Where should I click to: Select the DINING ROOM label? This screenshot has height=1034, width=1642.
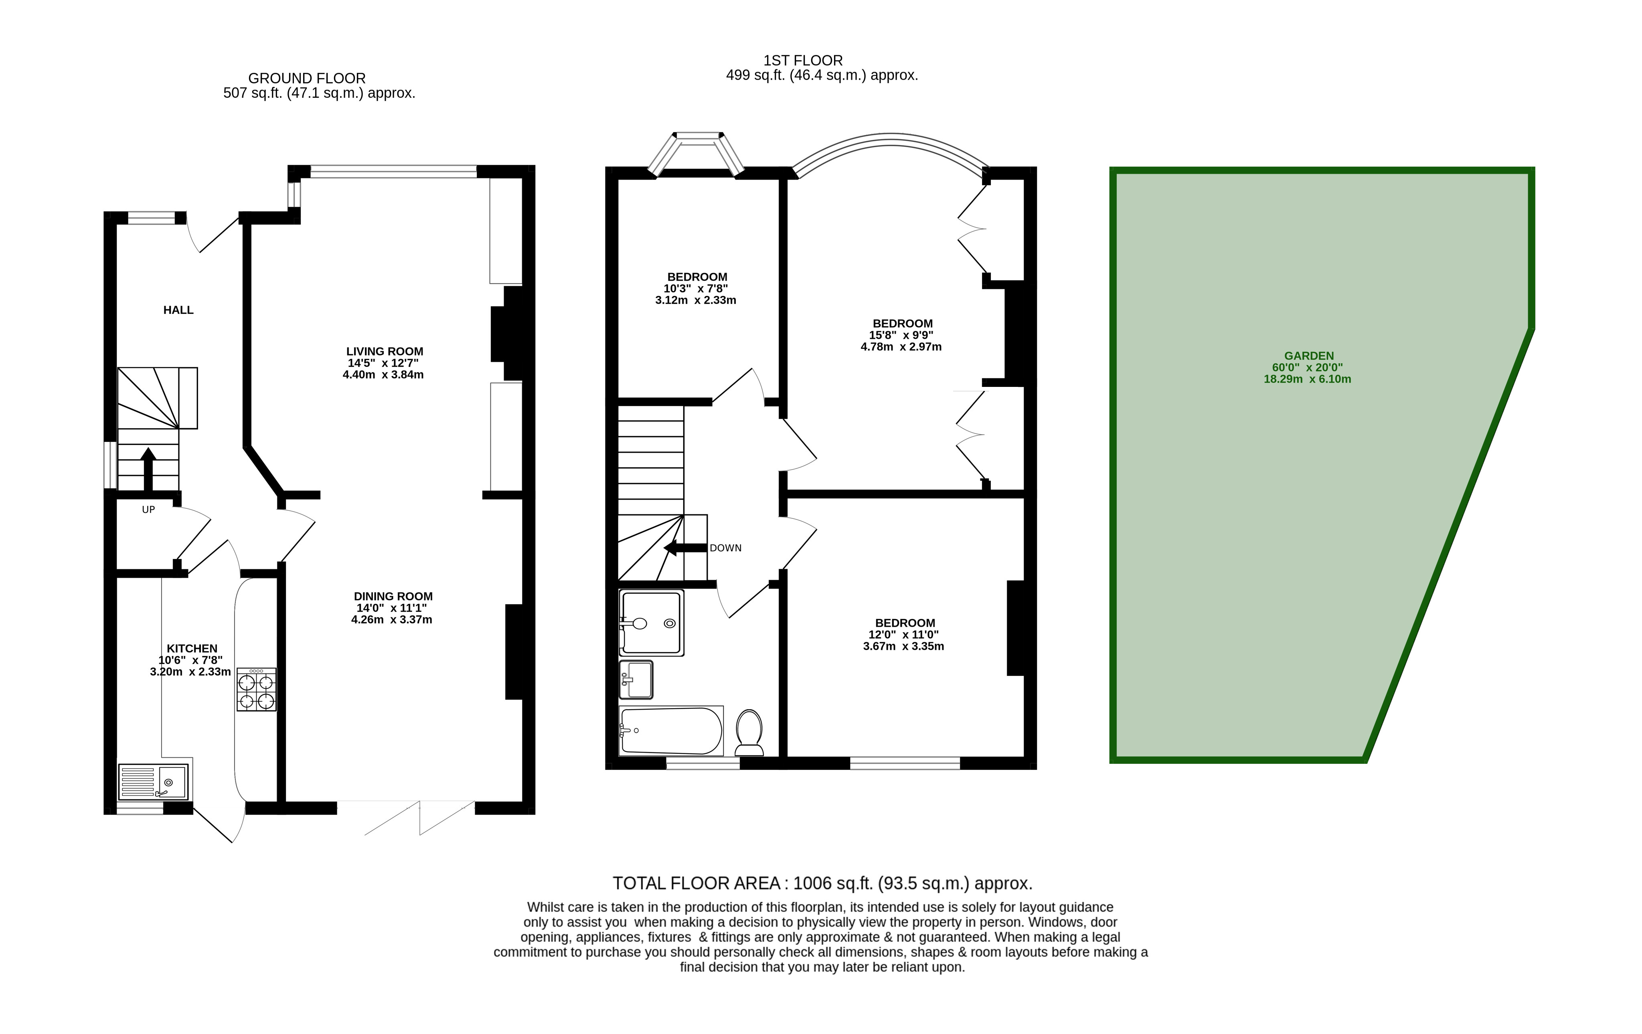tap(393, 597)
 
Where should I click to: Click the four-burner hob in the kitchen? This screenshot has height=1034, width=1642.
tap(256, 690)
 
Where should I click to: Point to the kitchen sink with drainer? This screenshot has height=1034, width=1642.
tap(154, 781)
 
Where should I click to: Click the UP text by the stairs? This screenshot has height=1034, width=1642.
tap(148, 510)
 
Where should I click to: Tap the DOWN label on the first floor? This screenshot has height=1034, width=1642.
tap(725, 548)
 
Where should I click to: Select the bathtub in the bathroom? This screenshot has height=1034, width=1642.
tap(671, 730)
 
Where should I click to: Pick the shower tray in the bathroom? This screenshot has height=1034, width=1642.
tap(651, 623)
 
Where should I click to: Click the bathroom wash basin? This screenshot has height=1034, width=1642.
tap(636, 680)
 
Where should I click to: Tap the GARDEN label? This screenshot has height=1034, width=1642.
tap(1308, 356)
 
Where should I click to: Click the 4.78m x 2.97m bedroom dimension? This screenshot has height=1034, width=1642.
tap(901, 347)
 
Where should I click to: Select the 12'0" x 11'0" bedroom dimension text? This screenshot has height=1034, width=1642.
tap(903, 635)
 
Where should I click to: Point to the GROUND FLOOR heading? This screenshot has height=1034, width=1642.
tap(307, 79)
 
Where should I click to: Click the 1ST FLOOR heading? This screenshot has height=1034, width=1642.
tap(803, 61)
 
